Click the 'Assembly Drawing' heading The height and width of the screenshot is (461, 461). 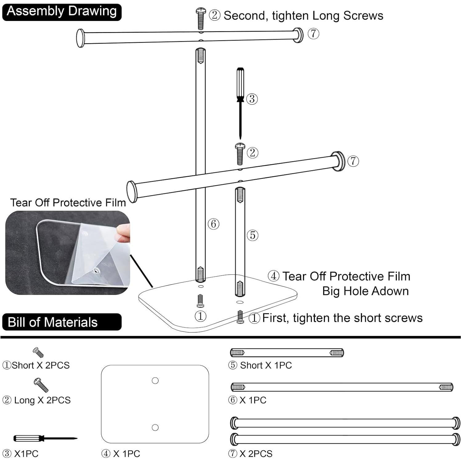point(62,11)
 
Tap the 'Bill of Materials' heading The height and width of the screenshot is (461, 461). point(53,322)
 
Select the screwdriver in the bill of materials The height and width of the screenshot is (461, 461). point(44,438)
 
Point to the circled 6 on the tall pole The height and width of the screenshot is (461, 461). point(213,224)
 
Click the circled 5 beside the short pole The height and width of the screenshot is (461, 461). point(253,235)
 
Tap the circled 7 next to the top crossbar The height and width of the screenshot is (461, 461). point(313,33)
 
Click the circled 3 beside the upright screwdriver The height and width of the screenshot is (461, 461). point(252,99)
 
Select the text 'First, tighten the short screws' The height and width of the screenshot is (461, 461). point(342,318)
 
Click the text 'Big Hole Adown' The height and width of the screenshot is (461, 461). point(365,291)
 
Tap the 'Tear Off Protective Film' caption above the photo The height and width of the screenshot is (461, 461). point(68,203)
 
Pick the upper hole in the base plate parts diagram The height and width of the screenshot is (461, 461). point(155,381)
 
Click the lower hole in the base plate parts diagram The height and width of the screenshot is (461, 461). point(155,427)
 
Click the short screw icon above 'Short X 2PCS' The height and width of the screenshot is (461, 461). point(38,352)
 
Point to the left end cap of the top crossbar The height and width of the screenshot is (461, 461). point(80,38)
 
